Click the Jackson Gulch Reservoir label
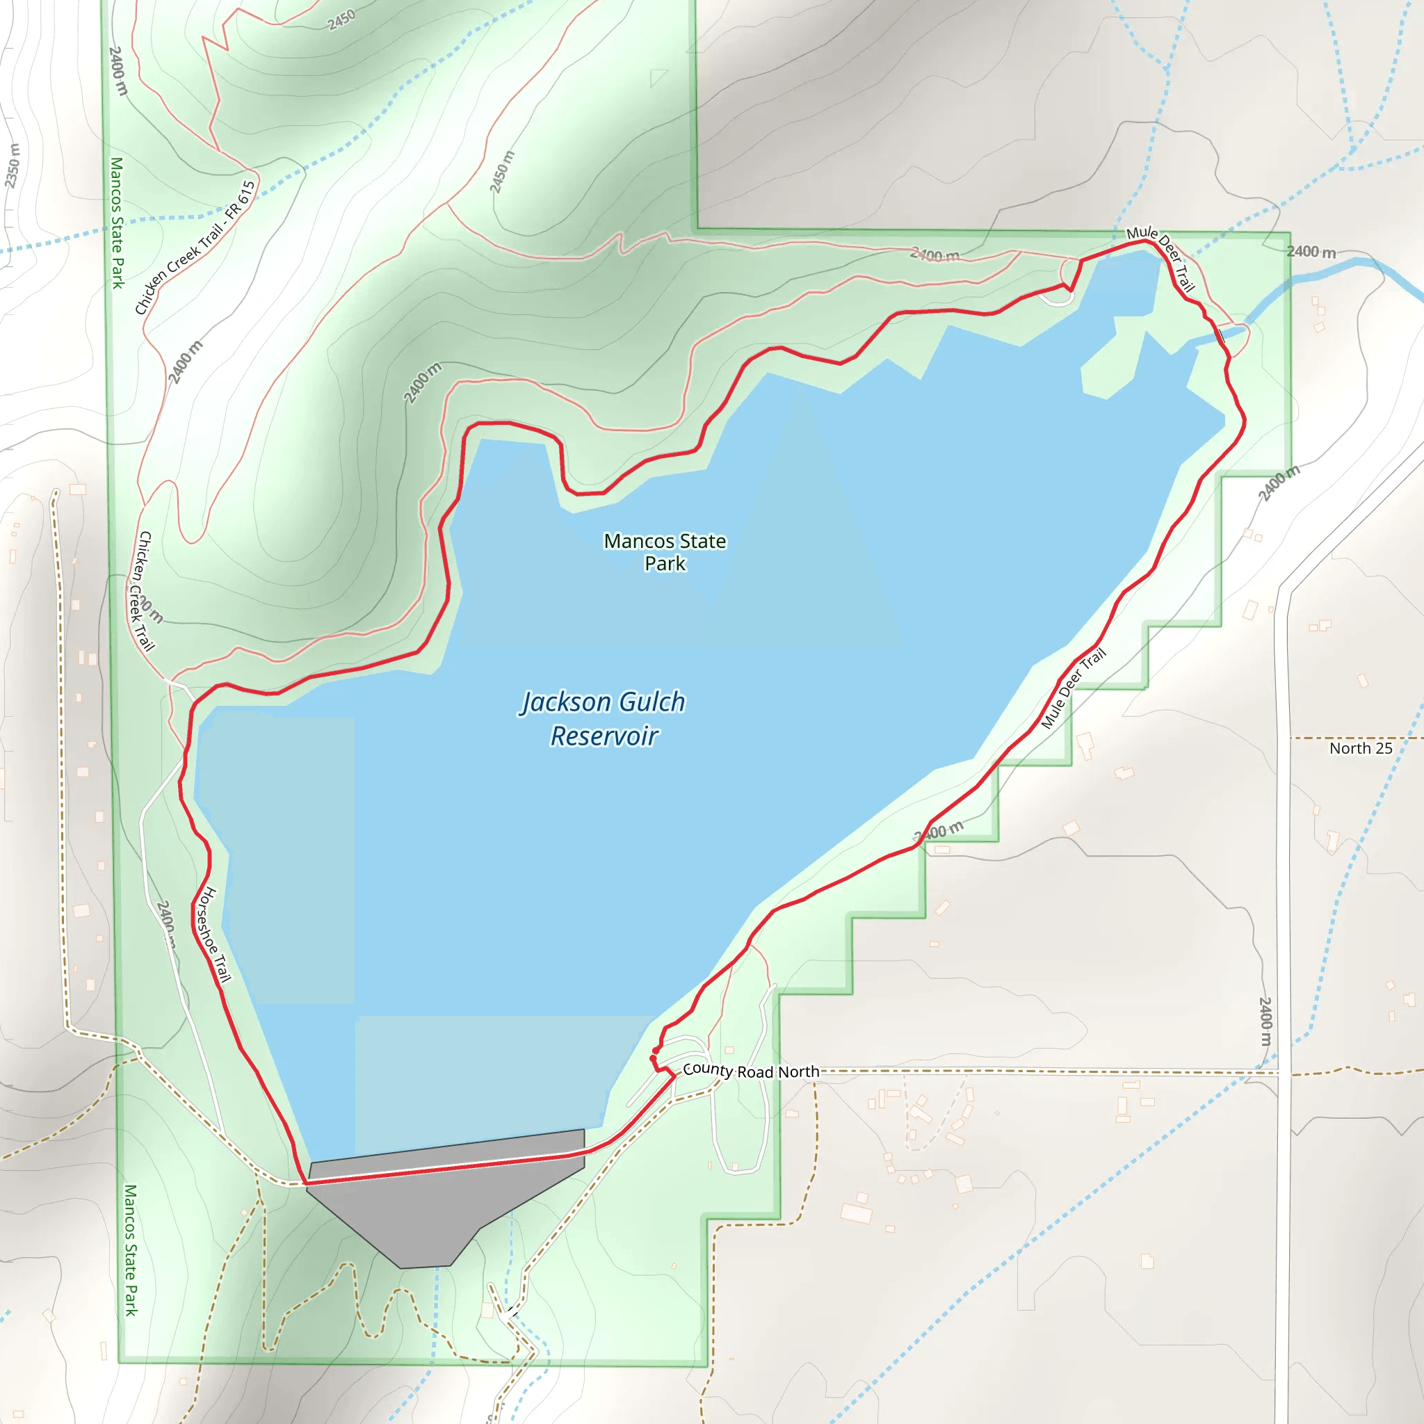tap(604, 719)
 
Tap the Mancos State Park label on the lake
tap(665, 552)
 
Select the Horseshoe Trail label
tap(213, 934)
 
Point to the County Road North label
tap(750, 1070)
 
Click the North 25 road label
tap(1361, 748)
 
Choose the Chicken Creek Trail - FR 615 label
tap(195, 248)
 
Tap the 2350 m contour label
tap(13, 166)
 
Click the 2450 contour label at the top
tap(341, 20)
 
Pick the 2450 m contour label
tap(502, 172)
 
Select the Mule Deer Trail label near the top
tap(1161, 257)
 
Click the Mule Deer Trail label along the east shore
tap(1073, 688)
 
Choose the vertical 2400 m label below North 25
tap(1265, 1021)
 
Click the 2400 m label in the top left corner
tap(118, 71)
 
